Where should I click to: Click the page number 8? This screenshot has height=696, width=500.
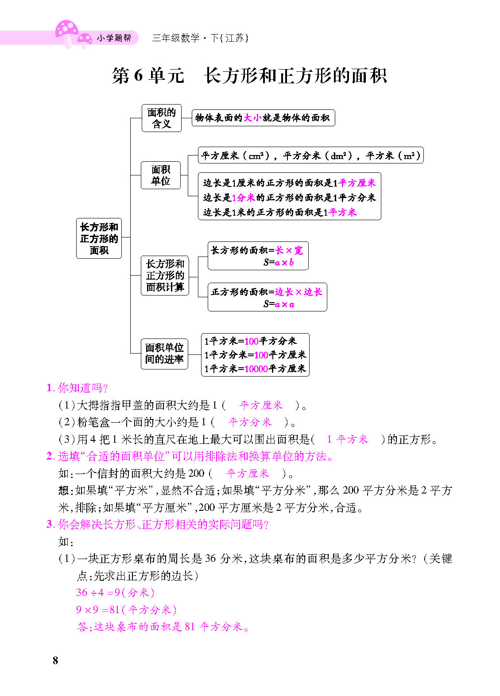pyautogui.click(x=55, y=661)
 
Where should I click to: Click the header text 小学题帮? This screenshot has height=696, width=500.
pyautogui.click(x=114, y=38)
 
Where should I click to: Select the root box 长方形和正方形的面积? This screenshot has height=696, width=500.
pyautogui.click(x=99, y=238)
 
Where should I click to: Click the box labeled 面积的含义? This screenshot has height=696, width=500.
pyautogui.click(x=162, y=118)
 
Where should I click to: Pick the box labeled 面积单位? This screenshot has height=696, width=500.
pyautogui.click(x=161, y=175)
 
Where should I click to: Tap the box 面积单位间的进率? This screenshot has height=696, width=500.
pyautogui.click(x=164, y=354)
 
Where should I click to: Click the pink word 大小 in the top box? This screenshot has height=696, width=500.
pyautogui.click(x=252, y=118)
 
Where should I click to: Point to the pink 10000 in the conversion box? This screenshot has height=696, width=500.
pyautogui.click(x=256, y=369)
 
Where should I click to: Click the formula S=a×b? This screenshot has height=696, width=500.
pyautogui.click(x=279, y=263)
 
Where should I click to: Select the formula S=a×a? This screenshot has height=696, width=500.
pyautogui.click(x=279, y=304)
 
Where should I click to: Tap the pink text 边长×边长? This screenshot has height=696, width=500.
pyautogui.click(x=298, y=292)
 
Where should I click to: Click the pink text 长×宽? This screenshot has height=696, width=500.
pyautogui.click(x=289, y=250)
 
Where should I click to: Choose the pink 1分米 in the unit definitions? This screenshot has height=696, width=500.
pyautogui.click(x=243, y=198)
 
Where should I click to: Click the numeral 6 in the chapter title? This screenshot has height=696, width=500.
pyautogui.click(x=138, y=75)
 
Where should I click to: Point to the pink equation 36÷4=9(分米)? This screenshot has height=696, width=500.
pyautogui.click(x=115, y=592)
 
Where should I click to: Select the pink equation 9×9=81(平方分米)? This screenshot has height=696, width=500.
pyautogui.click(x=126, y=610)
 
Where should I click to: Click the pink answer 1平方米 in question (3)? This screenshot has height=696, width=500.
pyautogui.click(x=348, y=439)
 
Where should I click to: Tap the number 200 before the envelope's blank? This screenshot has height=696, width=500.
pyautogui.click(x=196, y=473)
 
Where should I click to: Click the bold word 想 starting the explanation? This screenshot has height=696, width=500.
pyautogui.click(x=63, y=490)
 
